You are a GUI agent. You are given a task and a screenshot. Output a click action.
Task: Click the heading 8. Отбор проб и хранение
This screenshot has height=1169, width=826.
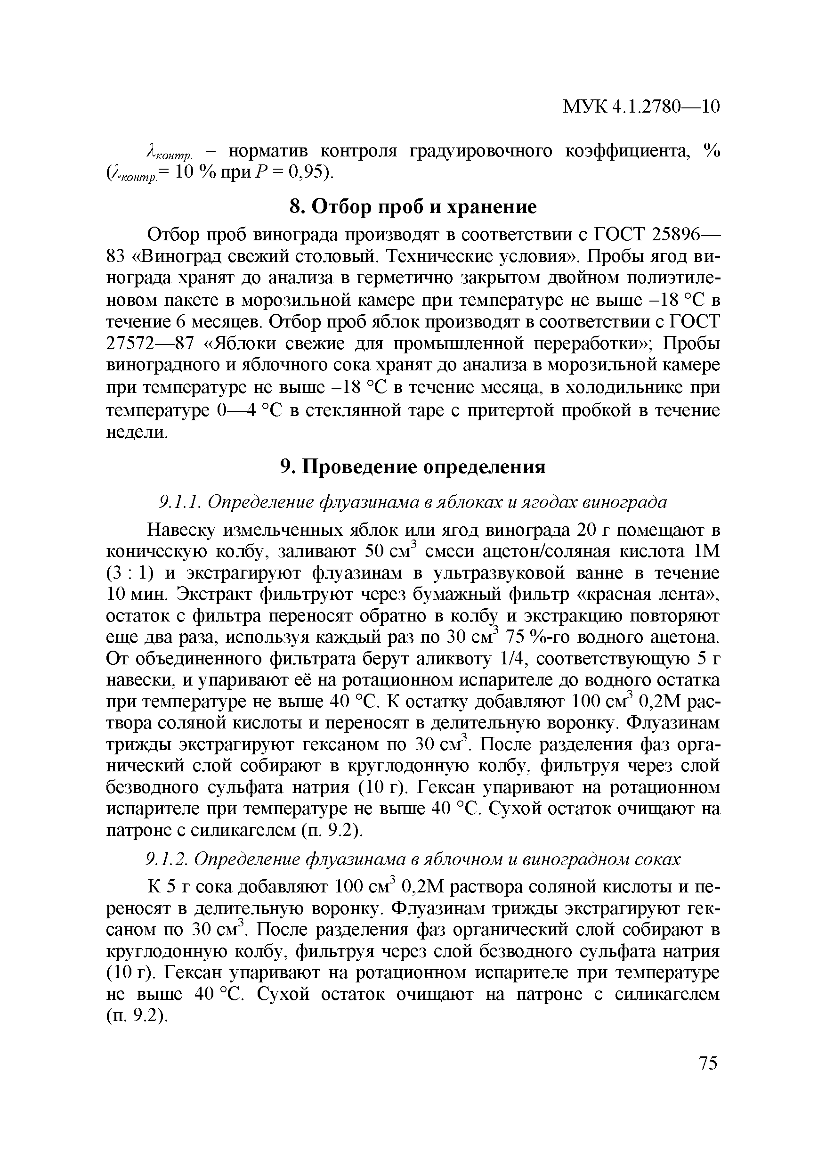413,207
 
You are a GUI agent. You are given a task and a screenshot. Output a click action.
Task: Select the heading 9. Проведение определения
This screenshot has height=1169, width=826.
413,466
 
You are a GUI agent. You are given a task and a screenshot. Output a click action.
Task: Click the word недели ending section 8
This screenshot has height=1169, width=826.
136,432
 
